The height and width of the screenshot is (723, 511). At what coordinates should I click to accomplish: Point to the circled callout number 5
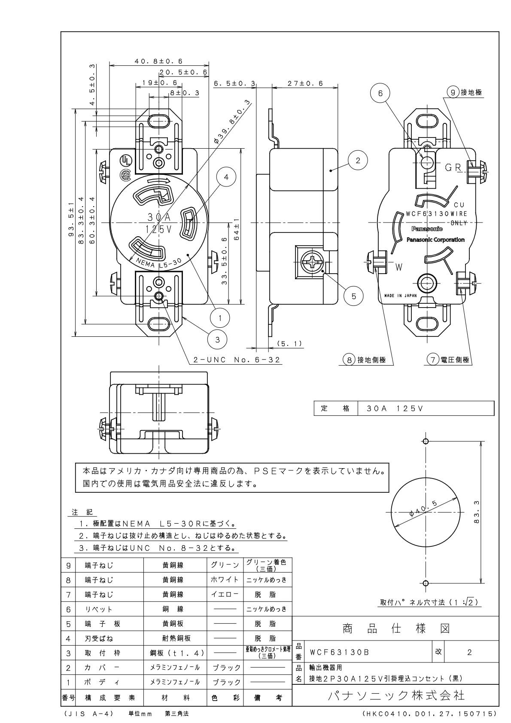[354, 296]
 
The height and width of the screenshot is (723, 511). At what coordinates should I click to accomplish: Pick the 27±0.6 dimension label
[305, 84]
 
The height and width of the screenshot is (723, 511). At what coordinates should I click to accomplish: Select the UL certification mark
[125, 160]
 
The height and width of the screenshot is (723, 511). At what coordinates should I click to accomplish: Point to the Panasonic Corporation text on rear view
[435, 240]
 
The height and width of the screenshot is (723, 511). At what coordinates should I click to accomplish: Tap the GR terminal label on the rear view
[453, 168]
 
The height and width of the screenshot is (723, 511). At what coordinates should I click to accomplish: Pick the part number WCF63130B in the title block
[339, 652]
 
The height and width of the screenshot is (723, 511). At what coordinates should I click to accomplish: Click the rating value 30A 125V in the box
[395, 409]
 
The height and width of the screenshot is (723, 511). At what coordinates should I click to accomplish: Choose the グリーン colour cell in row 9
[225, 565]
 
